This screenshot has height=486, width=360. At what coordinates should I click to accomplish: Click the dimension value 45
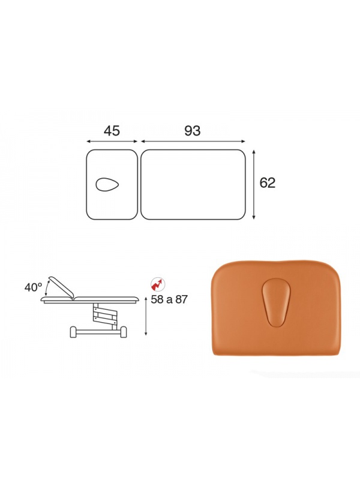tap(112, 131)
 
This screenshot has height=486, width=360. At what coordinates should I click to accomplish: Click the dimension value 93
tap(193, 131)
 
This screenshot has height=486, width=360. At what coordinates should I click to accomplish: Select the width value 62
tap(267, 183)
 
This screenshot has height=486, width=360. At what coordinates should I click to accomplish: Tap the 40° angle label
tap(33, 287)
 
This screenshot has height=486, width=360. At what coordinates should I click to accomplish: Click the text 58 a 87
tap(169, 299)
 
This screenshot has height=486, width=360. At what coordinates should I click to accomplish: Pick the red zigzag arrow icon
tap(158, 284)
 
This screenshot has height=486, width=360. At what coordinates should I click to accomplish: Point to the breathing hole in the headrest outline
tap(107, 184)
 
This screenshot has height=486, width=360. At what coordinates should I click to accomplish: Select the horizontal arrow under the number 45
tap(112, 142)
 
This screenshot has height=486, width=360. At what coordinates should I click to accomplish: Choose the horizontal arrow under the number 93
tap(193, 142)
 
